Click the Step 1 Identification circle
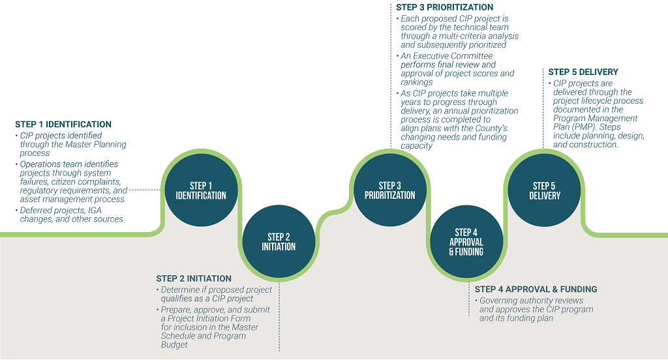point(201,190)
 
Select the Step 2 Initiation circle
point(279,241)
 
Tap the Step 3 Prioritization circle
point(390,190)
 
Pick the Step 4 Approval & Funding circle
point(466,241)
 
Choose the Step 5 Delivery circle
point(545,190)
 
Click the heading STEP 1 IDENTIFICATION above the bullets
point(63,125)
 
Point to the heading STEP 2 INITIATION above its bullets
point(194,278)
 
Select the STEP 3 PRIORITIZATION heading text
point(444,7)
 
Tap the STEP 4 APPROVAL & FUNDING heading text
point(536,290)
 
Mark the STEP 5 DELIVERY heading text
point(583,72)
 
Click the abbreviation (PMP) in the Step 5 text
point(584,127)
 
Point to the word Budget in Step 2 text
point(174,344)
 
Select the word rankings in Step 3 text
point(417,82)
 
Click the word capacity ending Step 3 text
point(416,145)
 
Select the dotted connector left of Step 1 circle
point(145,190)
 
